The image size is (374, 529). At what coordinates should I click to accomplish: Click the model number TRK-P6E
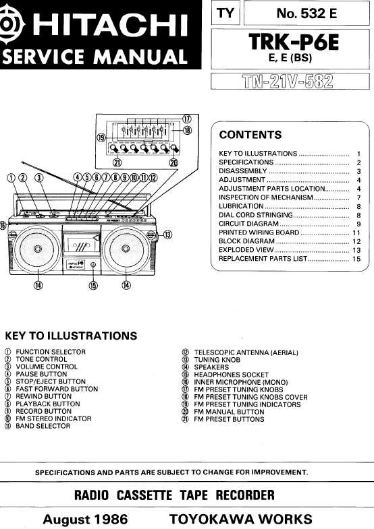293,42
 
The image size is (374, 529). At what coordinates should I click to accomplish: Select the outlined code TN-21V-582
288,82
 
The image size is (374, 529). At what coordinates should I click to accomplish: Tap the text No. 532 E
306,13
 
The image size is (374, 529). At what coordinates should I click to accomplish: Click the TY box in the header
225,13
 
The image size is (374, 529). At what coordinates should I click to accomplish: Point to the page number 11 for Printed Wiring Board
356,232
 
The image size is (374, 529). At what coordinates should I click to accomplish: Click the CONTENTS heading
250,135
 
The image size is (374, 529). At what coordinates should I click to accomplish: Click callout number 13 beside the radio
167,235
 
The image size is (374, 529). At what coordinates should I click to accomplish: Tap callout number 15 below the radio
93,286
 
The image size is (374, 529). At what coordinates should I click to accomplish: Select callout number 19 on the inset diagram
101,137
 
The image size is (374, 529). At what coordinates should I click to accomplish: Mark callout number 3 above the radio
39,177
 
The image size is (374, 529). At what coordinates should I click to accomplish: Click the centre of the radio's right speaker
126,249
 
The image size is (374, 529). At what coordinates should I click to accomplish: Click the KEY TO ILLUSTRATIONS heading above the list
71,336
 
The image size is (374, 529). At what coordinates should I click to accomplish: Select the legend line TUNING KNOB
217,360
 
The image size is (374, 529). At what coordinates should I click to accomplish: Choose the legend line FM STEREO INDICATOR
53,418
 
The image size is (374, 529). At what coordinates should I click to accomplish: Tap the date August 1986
85,519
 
